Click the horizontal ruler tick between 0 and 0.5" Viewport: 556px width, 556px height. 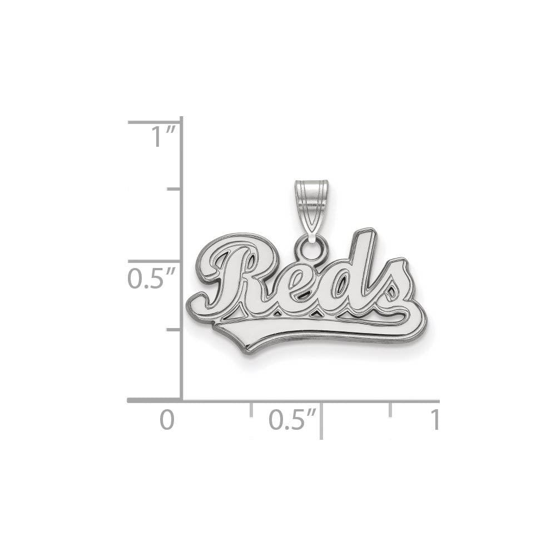(x=251, y=409)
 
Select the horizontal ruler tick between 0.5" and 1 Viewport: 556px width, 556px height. (x=391, y=409)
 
